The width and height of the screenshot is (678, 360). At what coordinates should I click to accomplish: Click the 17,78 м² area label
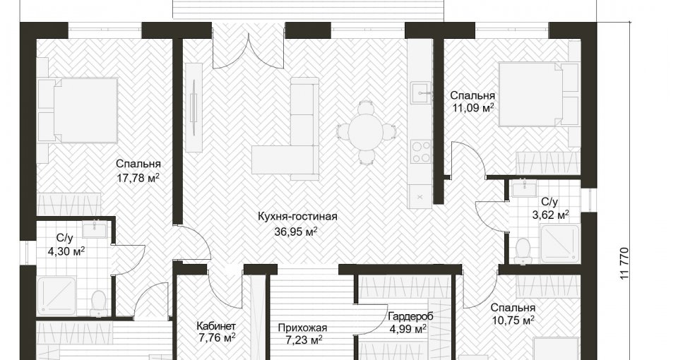(138, 177)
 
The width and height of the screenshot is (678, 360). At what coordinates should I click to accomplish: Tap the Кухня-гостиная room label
(297, 216)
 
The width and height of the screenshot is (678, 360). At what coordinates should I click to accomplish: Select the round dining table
(367, 131)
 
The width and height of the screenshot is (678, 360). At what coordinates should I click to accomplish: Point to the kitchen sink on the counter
(422, 93)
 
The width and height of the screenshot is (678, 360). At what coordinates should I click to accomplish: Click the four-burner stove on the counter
(421, 151)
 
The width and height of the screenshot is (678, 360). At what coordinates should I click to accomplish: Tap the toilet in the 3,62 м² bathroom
(523, 251)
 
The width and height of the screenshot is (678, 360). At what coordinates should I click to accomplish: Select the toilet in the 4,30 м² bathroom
(99, 303)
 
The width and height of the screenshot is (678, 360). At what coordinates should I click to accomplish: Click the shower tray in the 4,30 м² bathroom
(56, 296)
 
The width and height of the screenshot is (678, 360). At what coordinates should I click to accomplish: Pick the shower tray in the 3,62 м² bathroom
(560, 245)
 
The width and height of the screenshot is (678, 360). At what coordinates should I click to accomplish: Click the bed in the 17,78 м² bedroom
(78, 110)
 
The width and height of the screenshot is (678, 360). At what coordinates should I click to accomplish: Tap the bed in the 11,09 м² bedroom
(539, 95)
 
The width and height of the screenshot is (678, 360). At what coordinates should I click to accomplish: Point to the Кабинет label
(216, 325)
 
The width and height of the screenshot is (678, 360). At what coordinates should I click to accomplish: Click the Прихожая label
(303, 328)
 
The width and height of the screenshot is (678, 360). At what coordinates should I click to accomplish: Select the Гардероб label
(410, 316)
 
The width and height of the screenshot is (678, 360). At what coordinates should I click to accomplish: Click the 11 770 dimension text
(624, 263)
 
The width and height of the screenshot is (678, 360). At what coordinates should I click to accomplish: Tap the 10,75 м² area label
(513, 320)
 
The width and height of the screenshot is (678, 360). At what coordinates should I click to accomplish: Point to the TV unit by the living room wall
(194, 107)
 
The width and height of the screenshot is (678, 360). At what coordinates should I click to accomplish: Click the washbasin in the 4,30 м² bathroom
(94, 229)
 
